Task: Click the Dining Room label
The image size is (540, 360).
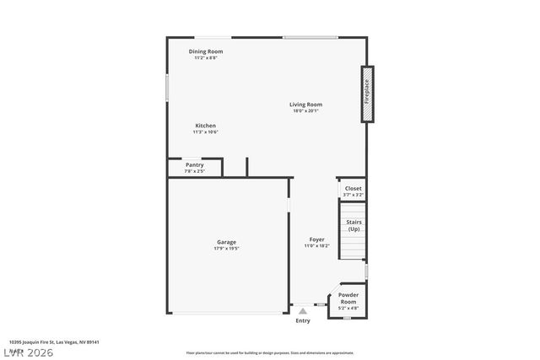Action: tap(206, 51)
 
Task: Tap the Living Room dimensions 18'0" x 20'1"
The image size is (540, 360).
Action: tap(306, 110)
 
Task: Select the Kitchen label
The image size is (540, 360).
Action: tap(206, 126)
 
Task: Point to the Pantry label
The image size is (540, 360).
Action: tap(194, 165)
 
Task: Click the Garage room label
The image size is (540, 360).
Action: tap(226, 242)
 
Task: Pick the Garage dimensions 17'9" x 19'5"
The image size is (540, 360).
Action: tap(226, 249)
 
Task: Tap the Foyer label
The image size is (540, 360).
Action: tap(316, 239)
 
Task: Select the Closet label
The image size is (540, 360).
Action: tap(353, 189)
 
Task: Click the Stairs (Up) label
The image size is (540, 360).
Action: tap(354, 226)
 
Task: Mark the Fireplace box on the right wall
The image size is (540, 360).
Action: tap(368, 94)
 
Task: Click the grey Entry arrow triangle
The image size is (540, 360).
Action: tap(303, 311)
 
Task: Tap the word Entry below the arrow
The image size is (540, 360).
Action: tap(303, 321)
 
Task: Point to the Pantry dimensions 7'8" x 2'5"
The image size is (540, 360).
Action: tap(194, 171)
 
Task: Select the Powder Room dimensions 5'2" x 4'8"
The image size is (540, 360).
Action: tap(348, 309)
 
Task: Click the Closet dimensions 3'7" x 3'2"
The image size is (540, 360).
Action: tap(353, 195)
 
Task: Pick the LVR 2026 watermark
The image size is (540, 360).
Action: tap(28, 352)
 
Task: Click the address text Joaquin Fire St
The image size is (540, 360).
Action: tap(51, 342)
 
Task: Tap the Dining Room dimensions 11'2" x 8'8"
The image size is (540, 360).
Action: tap(206, 58)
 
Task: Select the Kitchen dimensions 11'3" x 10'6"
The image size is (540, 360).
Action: tap(206, 132)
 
